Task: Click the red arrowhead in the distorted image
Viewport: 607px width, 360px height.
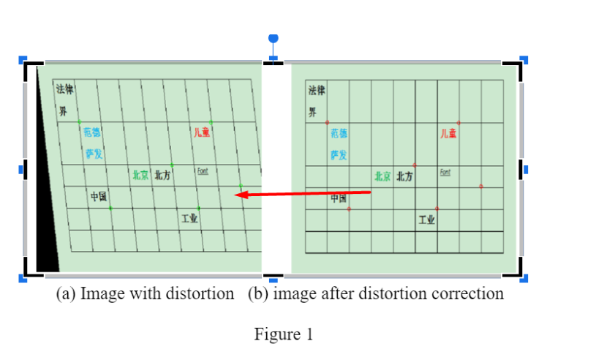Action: (x=241, y=195)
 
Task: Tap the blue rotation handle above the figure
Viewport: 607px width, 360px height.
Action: (x=274, y=38)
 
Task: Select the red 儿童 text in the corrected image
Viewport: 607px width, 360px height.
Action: (x=448, y=133)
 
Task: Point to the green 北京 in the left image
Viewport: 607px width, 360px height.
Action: (x=140, y=175)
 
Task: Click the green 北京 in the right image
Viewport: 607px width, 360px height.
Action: (x=382, y=176)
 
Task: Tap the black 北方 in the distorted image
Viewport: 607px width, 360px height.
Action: (x=162, y=175)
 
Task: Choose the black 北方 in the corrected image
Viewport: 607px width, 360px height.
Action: (x=404, y=176)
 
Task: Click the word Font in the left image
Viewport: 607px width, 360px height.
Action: (x=203, y=170)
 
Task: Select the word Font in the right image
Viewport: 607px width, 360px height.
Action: (x=445, y=172)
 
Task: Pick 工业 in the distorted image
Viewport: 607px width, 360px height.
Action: (x=189, y=217)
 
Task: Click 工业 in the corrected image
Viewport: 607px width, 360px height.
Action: (x=426, y=220)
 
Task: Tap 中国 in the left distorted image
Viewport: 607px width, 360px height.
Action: (x=99, y=197)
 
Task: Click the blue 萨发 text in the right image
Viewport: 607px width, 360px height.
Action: (x=339, y=155)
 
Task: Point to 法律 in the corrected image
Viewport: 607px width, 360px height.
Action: (x=317, y=91)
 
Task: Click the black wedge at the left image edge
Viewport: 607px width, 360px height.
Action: (x=45, y=220)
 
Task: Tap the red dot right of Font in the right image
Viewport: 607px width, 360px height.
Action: (x=480, y=187)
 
